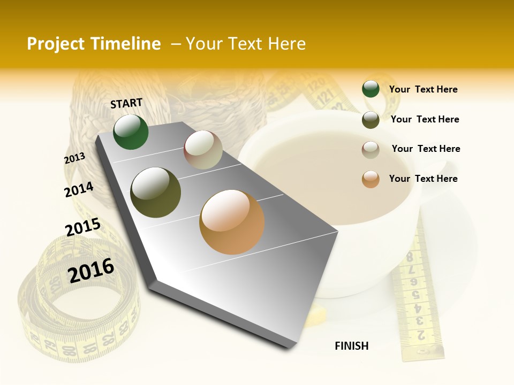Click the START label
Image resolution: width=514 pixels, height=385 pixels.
[126, 103]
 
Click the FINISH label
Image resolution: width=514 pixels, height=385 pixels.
[352, 346]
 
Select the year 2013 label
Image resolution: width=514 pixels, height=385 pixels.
[75, 158]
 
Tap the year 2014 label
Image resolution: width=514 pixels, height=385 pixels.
[79, 189]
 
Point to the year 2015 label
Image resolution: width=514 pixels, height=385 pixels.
[82, 227]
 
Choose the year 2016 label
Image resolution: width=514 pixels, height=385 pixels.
[91, 270]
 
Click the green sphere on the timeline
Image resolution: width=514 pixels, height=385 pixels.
[131, 132]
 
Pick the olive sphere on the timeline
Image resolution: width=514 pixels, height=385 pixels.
[156, 192]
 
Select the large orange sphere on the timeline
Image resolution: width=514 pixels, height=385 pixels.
[232, 222]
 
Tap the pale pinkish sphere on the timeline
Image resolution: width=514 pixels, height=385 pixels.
[203, 150]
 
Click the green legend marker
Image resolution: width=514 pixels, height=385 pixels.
[371, 89]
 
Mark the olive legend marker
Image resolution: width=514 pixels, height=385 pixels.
[371, 120]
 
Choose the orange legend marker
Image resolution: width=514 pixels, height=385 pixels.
[371, 179]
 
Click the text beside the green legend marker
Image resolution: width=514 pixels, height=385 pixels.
[423, 90]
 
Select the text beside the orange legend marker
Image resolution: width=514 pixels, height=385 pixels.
[423, 179]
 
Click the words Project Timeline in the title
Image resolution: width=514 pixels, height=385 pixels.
[94, 44]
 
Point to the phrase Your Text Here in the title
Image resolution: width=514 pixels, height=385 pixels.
[246, 44]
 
